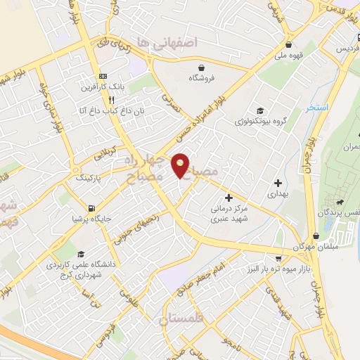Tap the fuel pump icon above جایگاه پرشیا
(91, 207)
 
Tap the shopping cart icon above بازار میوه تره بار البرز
(278, 258)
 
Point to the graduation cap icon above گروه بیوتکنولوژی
(259, 110)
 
